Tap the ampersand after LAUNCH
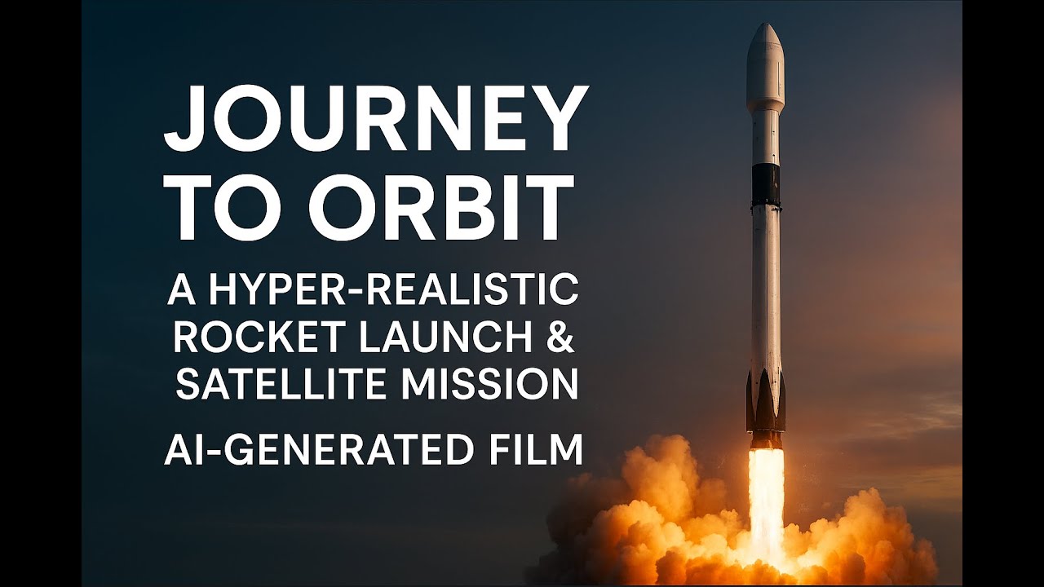(x=560, y=338)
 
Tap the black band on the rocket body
(x=765, y=184)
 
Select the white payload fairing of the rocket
(x=765, y=69)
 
